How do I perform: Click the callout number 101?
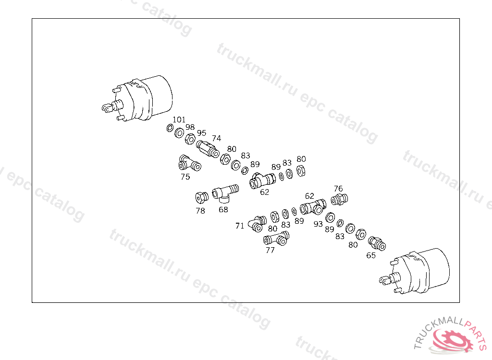point(179,120)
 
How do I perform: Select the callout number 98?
point(190,127)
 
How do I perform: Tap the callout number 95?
point(201,133)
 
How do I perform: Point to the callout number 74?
point(216,138)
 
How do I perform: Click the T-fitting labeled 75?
point(189,163)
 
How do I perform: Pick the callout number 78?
point(200,211)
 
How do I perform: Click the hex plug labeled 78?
point(201,197)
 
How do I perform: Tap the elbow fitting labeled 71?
point(258,223)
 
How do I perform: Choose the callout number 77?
point(270,250)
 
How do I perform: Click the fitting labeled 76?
point(339,200)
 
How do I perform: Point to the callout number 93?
point(318,224)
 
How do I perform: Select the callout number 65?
point(371,255)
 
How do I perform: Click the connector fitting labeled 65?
point(377,243)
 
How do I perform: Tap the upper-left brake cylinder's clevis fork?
point(107,108)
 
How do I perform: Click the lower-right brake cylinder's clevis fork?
point(384,280)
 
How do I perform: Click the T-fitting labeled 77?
point(276,239)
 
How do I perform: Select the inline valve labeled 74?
point(208,149)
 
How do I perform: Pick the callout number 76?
point(338,189)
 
